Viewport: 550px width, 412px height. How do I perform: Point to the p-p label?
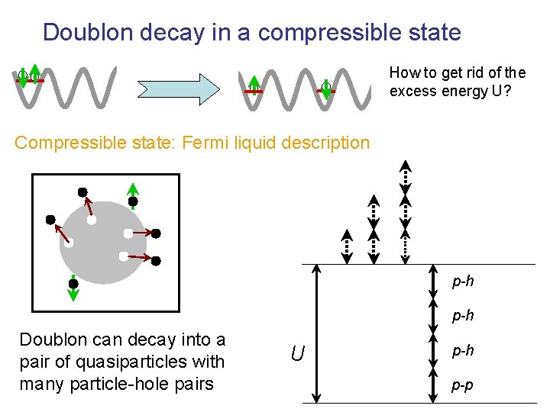[x=462, y=385]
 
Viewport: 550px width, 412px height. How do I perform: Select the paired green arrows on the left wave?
[x=29, y=76]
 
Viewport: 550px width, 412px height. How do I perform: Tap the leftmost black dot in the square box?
[x=50, y=220]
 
